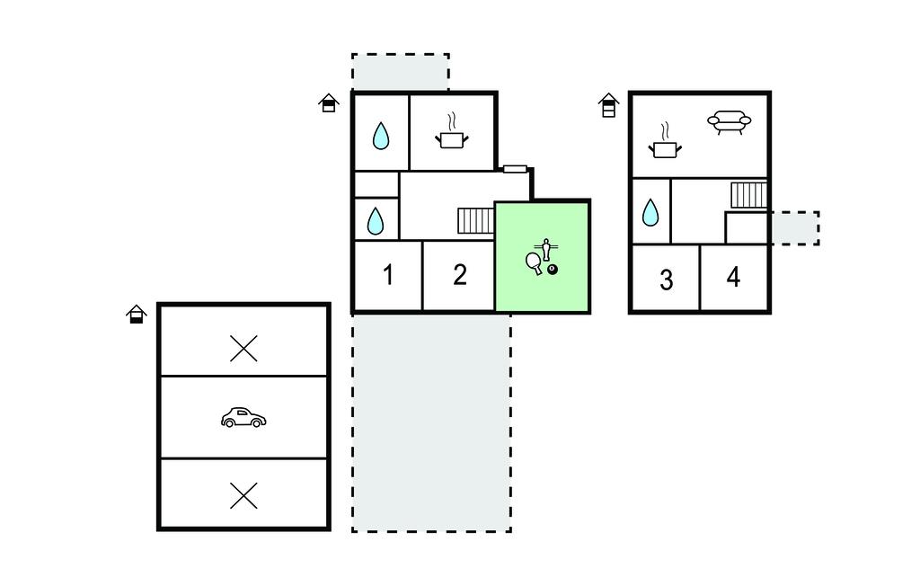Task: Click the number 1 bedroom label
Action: (x=388, y=275)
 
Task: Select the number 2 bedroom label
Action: (x=459, y=275)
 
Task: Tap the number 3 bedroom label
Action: (x=666, y=280)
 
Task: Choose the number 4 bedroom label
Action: (x=733, y=277)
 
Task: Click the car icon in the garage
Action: (x=243, y=418)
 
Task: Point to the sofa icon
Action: (x=730, y=122)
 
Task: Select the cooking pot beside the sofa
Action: (x=665, y=141)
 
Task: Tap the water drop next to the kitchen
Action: (x=381, y=136)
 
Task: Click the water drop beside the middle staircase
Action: (x=375, y=221)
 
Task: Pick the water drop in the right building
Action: (x=650, y=212)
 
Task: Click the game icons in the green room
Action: (x=542, y=257)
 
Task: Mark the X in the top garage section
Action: (x=243, y=349)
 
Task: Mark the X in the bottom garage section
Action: (x=243, y=495)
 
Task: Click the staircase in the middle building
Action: (x=476, y=221)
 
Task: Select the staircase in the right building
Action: (x=748, y=195)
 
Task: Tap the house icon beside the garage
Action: (x=137, y=315)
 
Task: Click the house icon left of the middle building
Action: (x=329, y=102)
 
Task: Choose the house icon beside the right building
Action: (x=609, y=105)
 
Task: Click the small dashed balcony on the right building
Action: (x=794, y=227)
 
